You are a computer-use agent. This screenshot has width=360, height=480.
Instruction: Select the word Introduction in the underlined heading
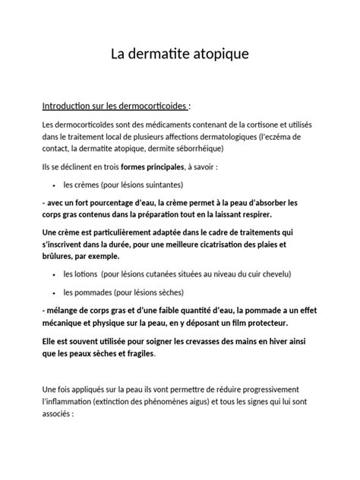pos(70,105)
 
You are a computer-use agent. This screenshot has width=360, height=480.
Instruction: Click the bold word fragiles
pos(136,353)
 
